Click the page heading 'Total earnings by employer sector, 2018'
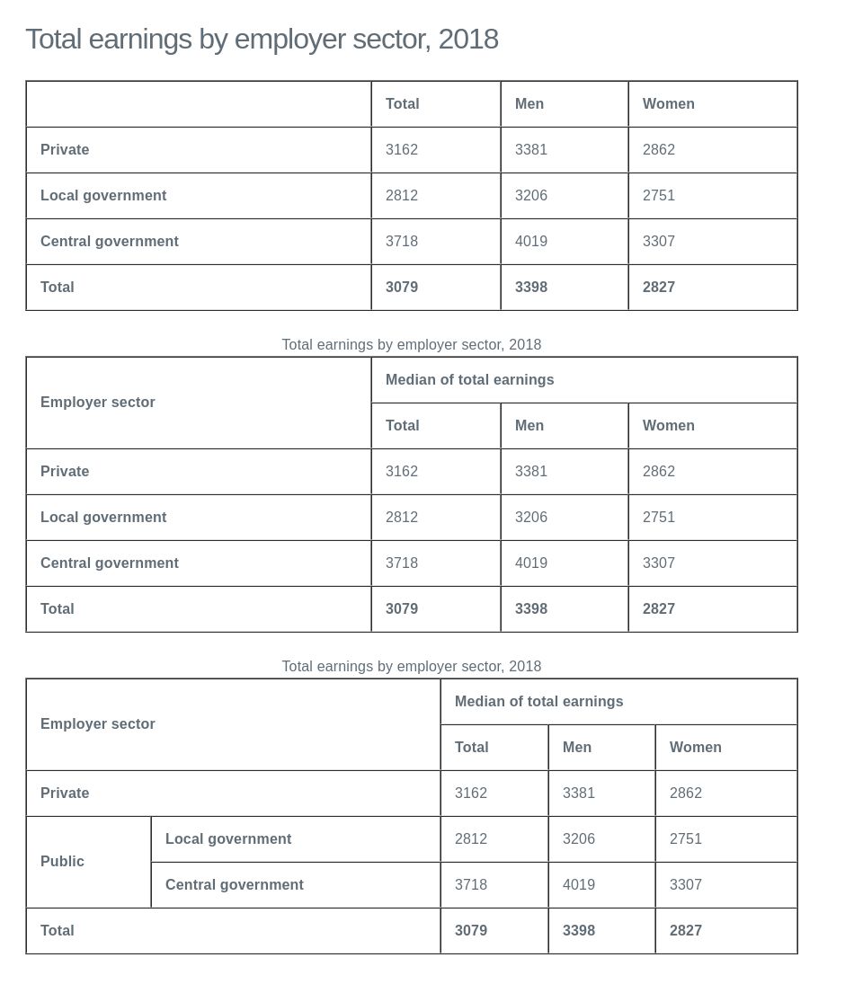click(x=262, y=40)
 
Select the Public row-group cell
click(x=62, y=862)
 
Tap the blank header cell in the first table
click(x=198, y=104)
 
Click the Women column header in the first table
click(x=668, y=104)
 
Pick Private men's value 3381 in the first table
click(x=530, y=150)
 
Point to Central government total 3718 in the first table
click(x=401, y=242)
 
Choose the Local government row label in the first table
click(x=103, y=196)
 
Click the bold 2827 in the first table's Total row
click(x=658, y=288)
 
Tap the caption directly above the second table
click(x=411, y=345)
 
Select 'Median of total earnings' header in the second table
click(x=469, y=380)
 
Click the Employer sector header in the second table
click(x=98, y=403)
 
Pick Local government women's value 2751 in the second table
click(x=658, y=518)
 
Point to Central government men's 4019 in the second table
click(x=530, y=563)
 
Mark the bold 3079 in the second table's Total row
click(x=401, y=609)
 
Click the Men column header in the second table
click(x=529, y=426)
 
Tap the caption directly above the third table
click(x=411, y=667)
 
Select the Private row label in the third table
click(x=65, y=794)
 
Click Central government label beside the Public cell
click(x=234, y=885)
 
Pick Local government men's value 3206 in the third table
click(x=578, y=839)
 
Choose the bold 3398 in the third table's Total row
click(x=578, y=931)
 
